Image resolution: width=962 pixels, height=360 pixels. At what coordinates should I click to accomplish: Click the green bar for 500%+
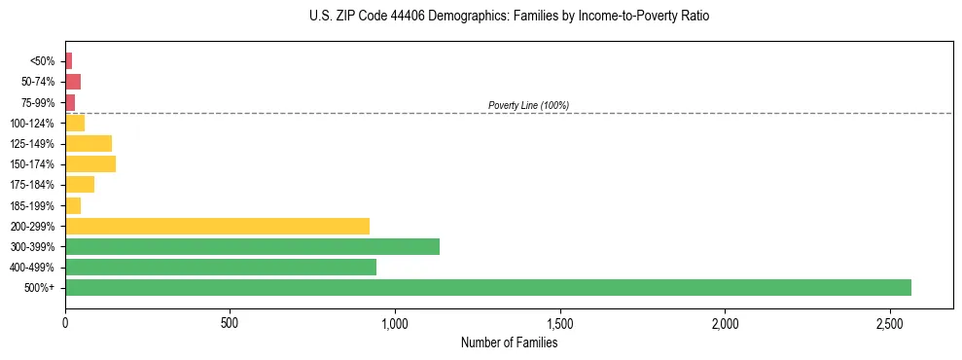click(487, 287)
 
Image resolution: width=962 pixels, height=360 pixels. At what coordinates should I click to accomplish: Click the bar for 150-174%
click(90, 163)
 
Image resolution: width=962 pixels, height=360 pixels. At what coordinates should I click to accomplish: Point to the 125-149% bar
click(89, 143)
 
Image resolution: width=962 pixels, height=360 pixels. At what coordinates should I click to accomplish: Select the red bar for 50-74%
click(73, 82)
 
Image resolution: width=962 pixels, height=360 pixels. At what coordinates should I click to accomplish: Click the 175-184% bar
click(80, 185)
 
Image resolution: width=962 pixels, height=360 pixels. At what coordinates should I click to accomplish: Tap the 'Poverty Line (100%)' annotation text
click(528, 105)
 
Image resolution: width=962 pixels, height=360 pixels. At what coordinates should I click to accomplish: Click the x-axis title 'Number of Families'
click(509, 342)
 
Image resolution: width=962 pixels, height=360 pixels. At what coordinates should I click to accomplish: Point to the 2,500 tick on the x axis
click(889, 322)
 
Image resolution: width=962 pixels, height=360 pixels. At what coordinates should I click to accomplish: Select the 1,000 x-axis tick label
click(395, 322)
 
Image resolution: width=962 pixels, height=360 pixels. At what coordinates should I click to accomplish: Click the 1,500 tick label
click(559, 322)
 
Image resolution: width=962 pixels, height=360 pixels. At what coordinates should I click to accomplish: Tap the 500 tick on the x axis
click(230, 322)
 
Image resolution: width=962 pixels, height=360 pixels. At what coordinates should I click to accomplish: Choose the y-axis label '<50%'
click(43, 61)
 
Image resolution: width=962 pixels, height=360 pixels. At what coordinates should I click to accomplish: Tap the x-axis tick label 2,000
click(725, 322)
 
